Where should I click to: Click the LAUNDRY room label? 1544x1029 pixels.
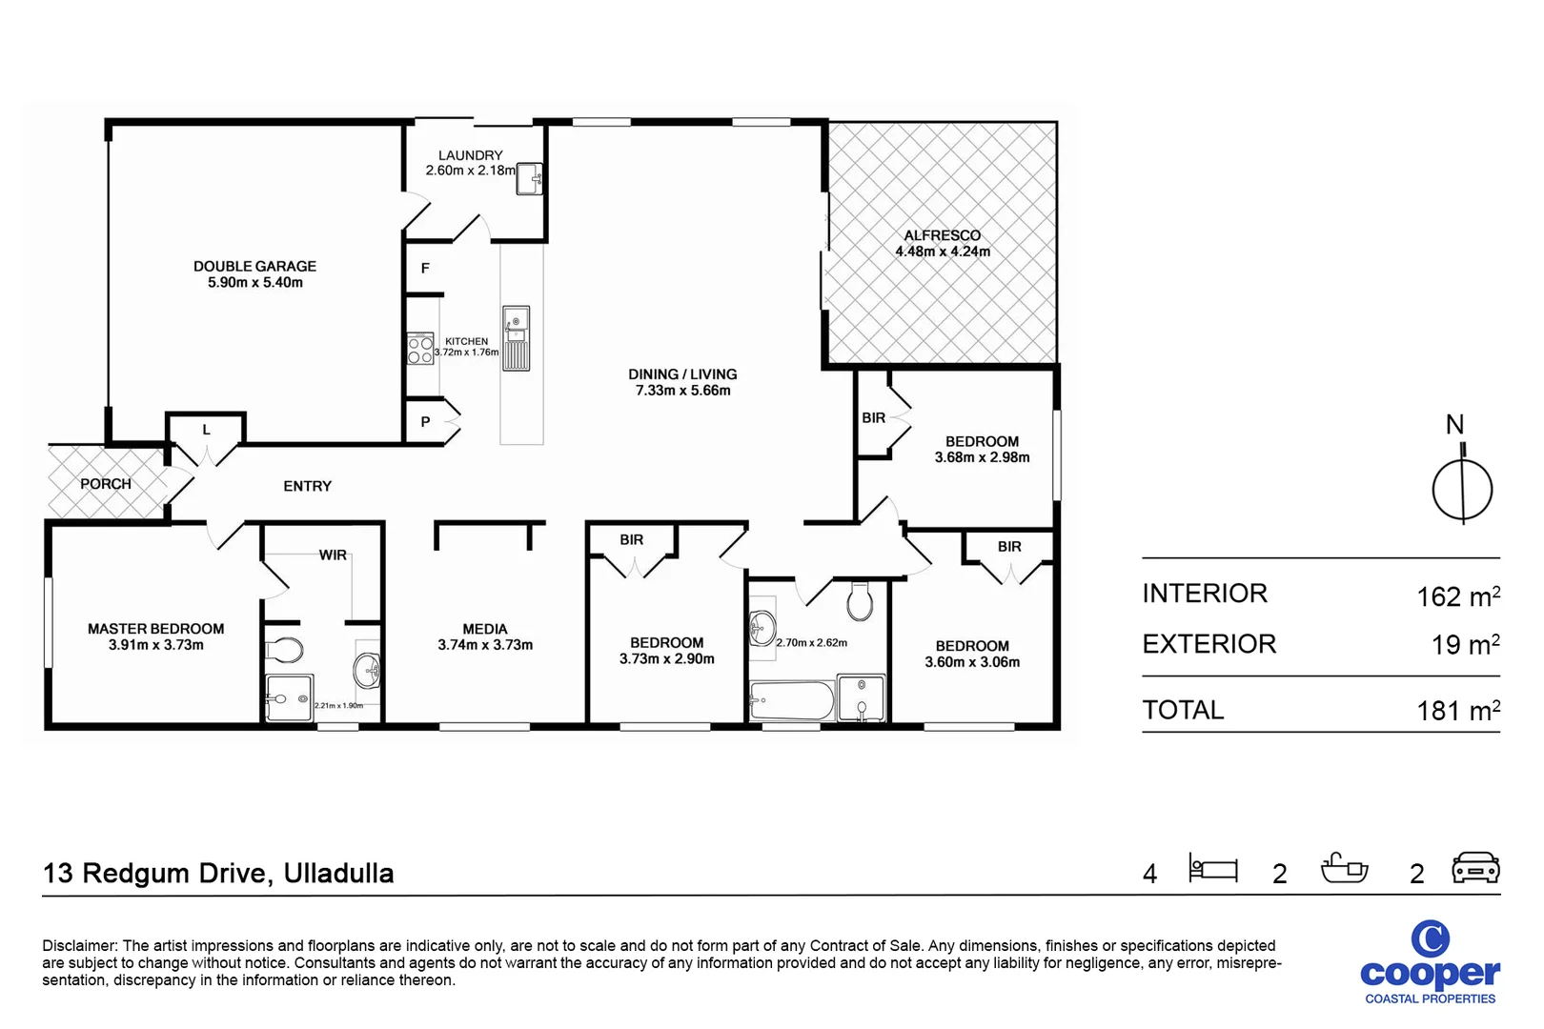pos(470,155)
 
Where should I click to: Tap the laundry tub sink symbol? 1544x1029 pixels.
pos(530,178)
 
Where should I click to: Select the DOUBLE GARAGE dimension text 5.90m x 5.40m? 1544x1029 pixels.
pos(255,283)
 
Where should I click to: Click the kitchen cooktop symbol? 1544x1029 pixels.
pos(420,349)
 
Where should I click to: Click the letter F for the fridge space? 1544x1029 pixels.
pos(425,269)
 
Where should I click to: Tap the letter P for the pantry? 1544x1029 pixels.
pos(425,421)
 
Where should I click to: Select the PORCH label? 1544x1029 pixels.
pos(106,484)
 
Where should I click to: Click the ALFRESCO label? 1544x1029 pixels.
pos(942,235)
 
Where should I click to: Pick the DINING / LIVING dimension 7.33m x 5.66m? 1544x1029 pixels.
pos(682,391)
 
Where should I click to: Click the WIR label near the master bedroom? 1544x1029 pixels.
pos(333,555)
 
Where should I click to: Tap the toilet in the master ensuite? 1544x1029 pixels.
pos(284,651)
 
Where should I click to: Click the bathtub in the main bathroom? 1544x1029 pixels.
pos(791,701)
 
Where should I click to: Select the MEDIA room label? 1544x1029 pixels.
pos(485,629)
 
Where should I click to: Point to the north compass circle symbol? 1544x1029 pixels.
pos(1462,491)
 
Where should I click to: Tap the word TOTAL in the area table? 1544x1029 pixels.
pos(1183,710)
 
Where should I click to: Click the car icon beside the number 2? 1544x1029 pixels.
pos(1475,868)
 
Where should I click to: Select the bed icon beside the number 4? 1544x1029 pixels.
pos(1212,868)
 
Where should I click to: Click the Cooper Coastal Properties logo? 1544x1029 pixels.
pos(1430,962)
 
